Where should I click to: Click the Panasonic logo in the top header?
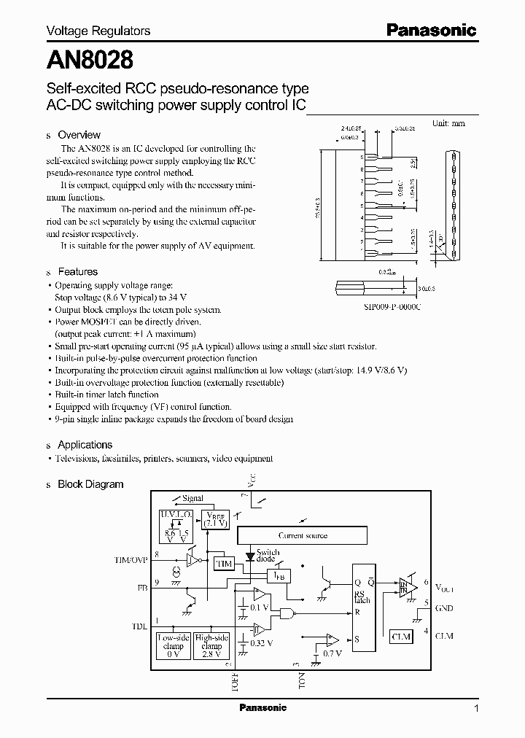point(431,30)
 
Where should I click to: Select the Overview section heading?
point(79,135)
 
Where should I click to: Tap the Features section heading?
point(77,271)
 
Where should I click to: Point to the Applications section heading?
point(85,445)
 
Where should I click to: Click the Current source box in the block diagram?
point(303,535)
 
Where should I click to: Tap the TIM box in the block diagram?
point(222,564)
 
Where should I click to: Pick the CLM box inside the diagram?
point(401,637)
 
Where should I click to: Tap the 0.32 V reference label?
point(262,643)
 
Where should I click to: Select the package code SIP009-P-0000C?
point(392,308)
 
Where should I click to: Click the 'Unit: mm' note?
point(449,123)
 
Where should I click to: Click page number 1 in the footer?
point(476,709)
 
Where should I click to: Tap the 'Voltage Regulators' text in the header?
point(98,31)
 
